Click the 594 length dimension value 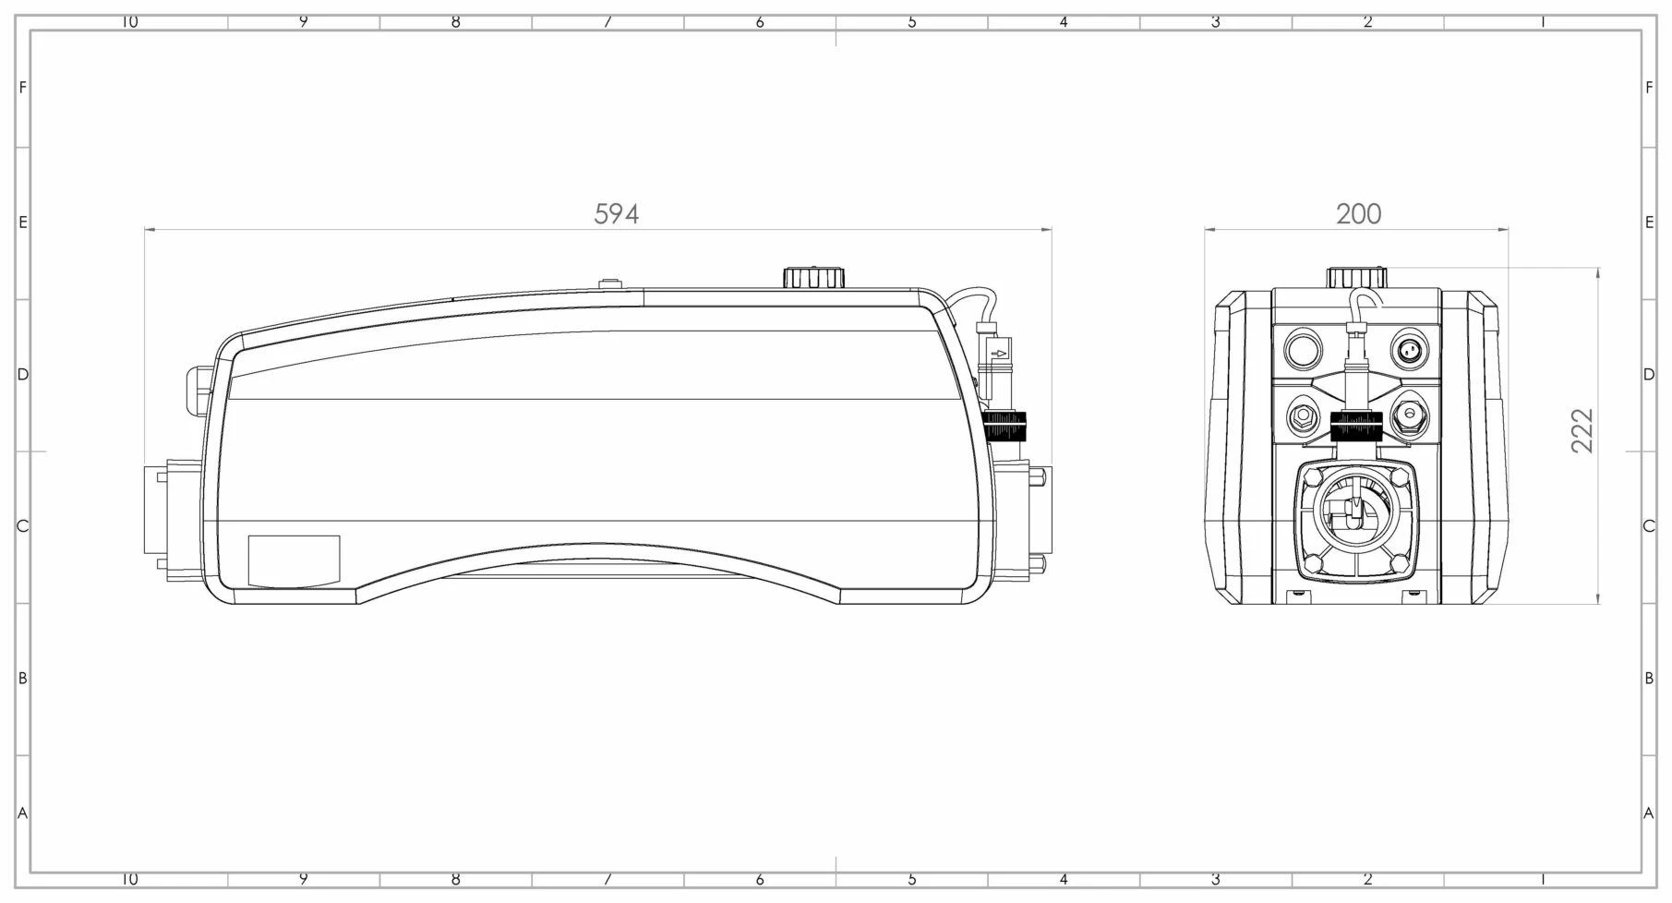(x=616, y=214)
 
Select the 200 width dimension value (x=1358, y=214)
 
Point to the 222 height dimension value (x=1582, y=430)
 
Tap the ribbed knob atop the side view (x=813, y=277)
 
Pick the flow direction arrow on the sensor (x=998, y=353)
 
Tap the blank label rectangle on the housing (x=295, y=560)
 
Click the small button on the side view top (x=608, y=283)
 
